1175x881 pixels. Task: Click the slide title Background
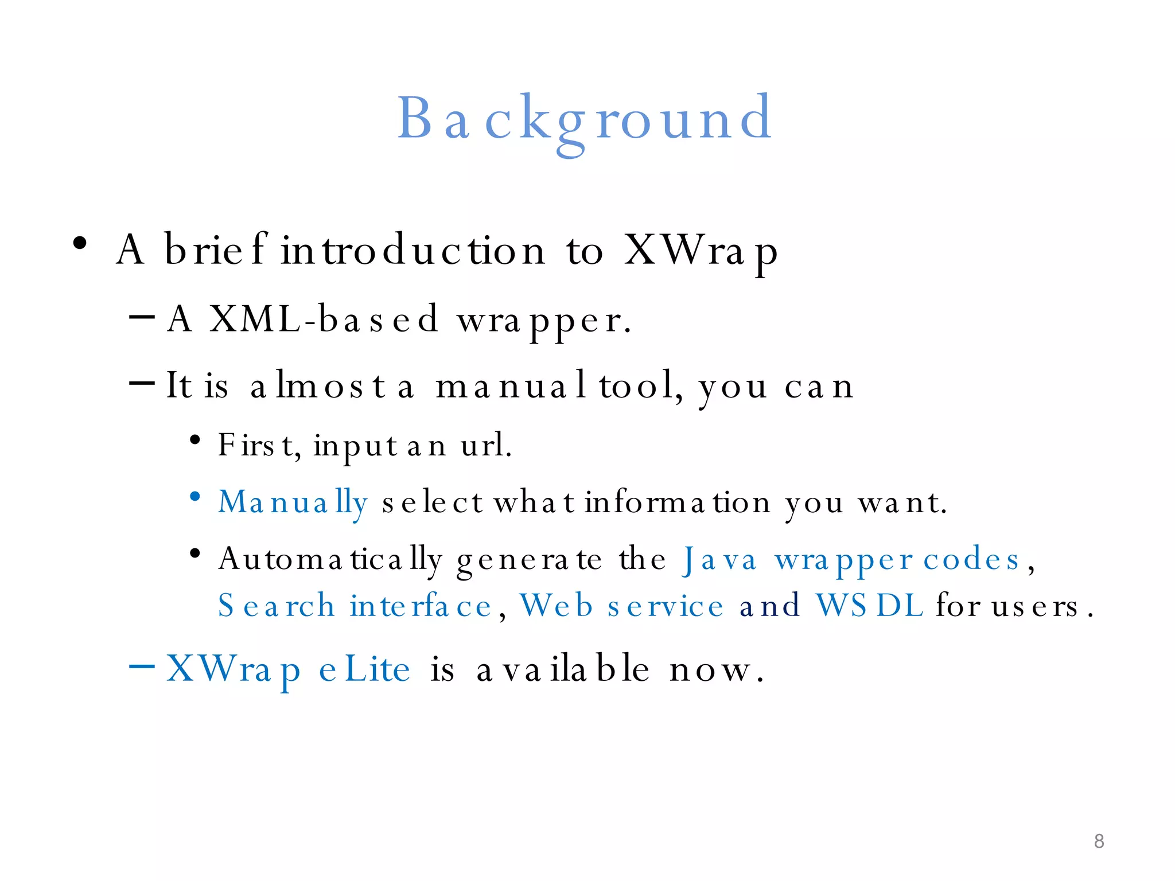tap(585, 119)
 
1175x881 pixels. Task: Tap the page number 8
tap(1099, 841)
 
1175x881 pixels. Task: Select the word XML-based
tap(324, 319)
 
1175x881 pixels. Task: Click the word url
tap(485, 445)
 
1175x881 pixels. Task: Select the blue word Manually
tap(293, 503)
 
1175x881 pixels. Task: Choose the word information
tap(678, 502)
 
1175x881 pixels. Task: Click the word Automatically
tap(330, 560)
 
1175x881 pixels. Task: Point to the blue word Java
tap(719, 560)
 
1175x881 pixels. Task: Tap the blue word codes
tap(971, 560)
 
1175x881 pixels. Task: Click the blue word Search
tap(277, 606)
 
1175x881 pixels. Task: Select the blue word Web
tap(556, 606)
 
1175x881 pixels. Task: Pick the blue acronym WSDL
tap(869, 606)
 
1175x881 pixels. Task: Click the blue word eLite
tap(365, 669)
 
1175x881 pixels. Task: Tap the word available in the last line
tap(563, 669)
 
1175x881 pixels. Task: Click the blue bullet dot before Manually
tap(195, 496)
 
